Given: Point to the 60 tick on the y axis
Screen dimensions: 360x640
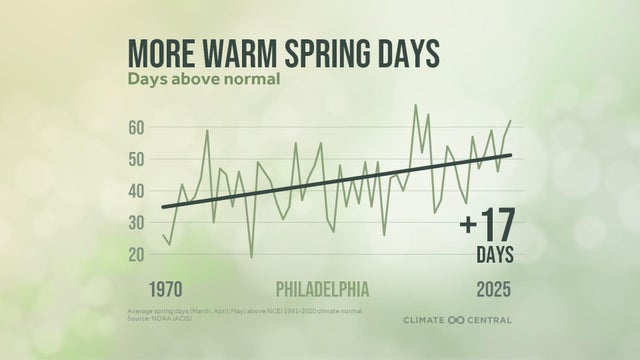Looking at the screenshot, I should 137,128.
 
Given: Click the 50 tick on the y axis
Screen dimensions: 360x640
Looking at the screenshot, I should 137,159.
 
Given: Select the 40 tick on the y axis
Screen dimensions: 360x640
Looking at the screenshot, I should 137,191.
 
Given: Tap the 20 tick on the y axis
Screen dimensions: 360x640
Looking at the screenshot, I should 137,254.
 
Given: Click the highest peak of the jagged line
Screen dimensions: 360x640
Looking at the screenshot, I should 415,105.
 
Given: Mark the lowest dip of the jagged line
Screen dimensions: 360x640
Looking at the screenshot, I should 251,257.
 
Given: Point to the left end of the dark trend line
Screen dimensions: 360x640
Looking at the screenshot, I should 163,207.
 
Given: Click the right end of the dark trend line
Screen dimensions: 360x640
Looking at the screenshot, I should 511,155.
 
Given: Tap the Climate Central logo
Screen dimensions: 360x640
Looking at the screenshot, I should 457,320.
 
